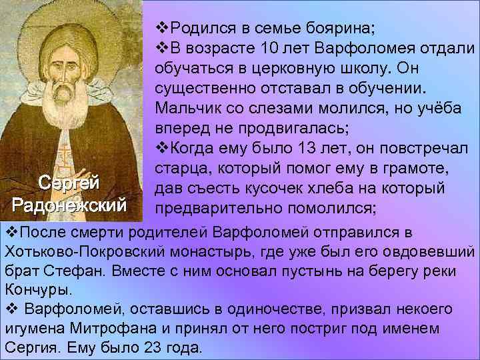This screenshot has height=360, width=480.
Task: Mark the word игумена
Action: click(x=31, y=329)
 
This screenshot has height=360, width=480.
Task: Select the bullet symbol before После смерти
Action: click(x=10, y=232)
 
